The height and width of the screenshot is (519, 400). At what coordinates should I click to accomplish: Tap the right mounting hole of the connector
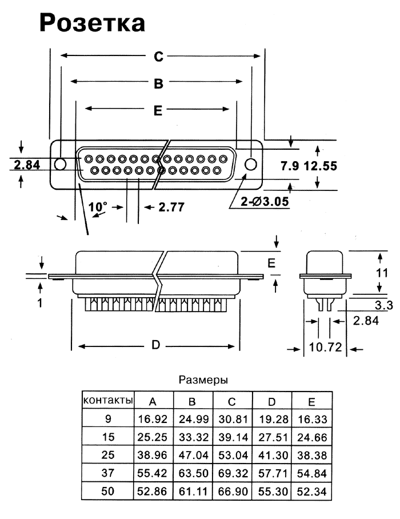coord(250,165)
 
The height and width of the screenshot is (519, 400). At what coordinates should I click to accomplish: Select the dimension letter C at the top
coord(158,56)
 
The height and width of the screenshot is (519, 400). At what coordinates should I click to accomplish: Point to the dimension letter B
coord(158,83)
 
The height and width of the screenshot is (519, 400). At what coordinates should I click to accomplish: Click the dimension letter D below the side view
coord(155,346)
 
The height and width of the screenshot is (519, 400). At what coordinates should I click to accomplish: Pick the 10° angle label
coord(98,206)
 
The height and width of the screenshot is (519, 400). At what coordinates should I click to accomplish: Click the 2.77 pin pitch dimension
coord(171,206)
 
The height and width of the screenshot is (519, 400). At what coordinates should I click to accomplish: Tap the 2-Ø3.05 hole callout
coord(266,201)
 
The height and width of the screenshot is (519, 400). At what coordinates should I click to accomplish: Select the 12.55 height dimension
coord(320,166)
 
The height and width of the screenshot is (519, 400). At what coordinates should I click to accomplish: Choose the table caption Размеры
coord(204,379)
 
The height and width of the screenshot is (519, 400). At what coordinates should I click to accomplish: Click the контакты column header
coord(109,400)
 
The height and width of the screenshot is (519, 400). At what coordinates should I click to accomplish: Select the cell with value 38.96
coord(153,456)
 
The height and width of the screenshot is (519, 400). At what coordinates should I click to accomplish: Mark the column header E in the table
coord(311,400)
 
